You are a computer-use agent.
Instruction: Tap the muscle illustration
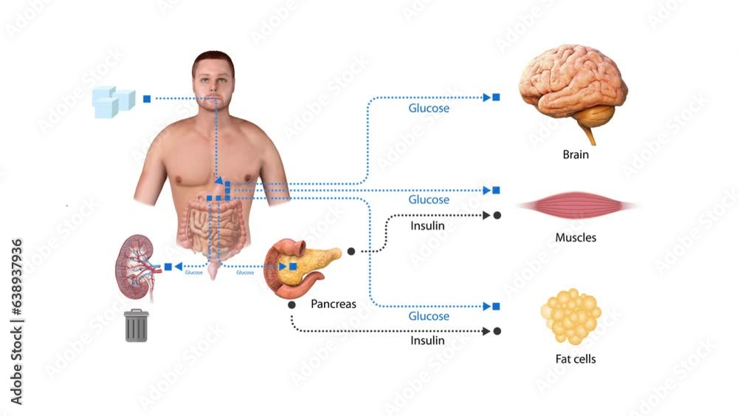(x=576, y=205)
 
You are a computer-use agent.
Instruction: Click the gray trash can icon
(x=137, y=325)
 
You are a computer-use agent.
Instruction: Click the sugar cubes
(x=113, y=101)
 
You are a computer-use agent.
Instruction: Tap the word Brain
(x=576, y=155)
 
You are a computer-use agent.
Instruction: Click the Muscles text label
(x=576, y=238)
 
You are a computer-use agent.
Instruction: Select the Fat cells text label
(x=576, y=359)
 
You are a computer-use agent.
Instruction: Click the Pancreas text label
(x=334, y=304)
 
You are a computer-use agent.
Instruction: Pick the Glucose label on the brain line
(x=429, y=108)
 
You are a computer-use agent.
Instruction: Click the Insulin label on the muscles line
(x=427, y=225)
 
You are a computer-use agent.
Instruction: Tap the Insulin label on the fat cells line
(x=427, y=341)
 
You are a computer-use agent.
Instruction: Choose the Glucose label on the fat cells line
(x=429, y=316)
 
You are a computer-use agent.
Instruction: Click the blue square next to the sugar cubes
(x=147, y=98)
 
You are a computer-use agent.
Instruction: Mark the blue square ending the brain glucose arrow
(x=496, y=97)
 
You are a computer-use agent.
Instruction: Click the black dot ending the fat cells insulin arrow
(x=497, y=331)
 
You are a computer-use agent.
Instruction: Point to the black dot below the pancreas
(x=292, y=304)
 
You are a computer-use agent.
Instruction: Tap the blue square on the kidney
(x=168, y=266)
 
